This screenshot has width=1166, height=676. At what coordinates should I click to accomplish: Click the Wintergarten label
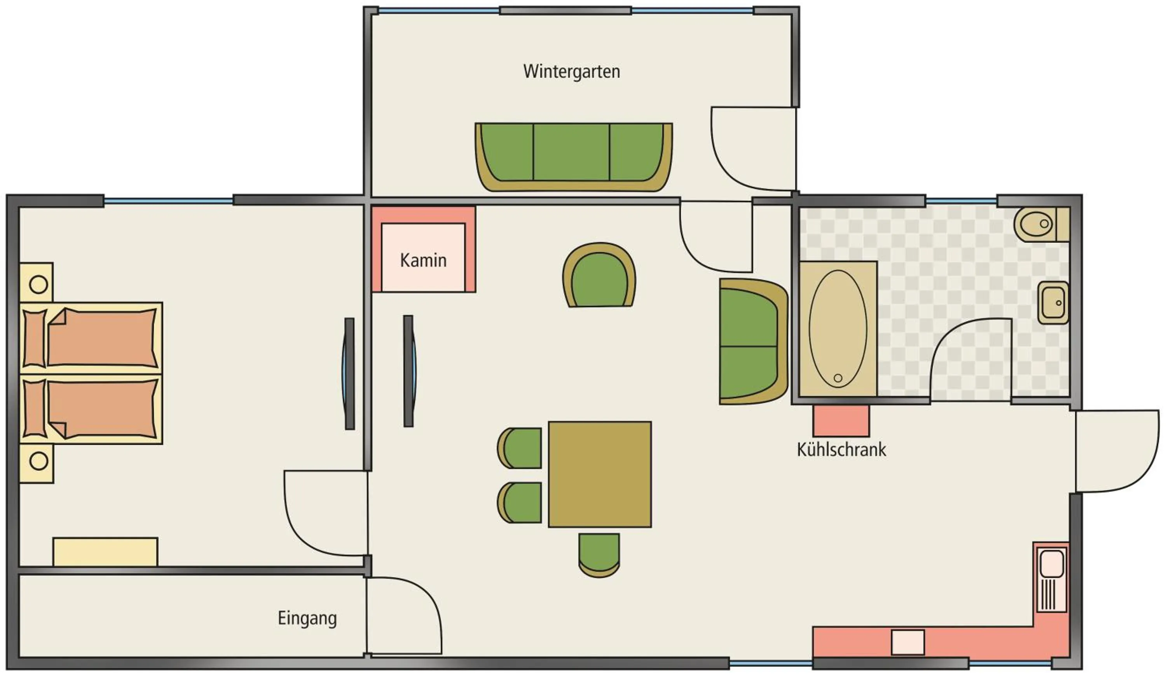[x=571, y=72]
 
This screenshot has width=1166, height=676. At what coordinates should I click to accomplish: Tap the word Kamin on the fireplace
[x=423, y=260]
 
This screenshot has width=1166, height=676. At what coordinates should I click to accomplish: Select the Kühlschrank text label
[x=841, y=450]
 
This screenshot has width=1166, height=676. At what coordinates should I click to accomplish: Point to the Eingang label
[x=307, y=618]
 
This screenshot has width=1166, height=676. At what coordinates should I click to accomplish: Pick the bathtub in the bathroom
[x=838, y=329]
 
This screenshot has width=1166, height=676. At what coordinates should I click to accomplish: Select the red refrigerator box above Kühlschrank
[x=841, y=421]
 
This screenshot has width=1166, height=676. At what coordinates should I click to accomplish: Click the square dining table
[x=600, y=474]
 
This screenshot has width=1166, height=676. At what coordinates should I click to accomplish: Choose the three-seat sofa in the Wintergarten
[x=573, y=156]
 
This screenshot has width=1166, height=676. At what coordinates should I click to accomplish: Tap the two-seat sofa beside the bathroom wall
[x=752, y=342]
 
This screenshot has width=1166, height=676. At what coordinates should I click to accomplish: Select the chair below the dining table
[x=599, y=555]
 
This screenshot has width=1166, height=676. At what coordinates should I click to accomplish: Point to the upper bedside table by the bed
[x=37, y=282]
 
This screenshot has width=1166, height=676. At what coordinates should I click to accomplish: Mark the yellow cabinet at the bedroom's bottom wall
[x=105, y=552]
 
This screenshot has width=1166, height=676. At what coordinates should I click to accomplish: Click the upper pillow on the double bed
[x=35, y=339]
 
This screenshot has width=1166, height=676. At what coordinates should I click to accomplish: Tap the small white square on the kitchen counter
[x=908, y=642]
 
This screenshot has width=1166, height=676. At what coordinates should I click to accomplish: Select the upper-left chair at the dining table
[x=520, y=448]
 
